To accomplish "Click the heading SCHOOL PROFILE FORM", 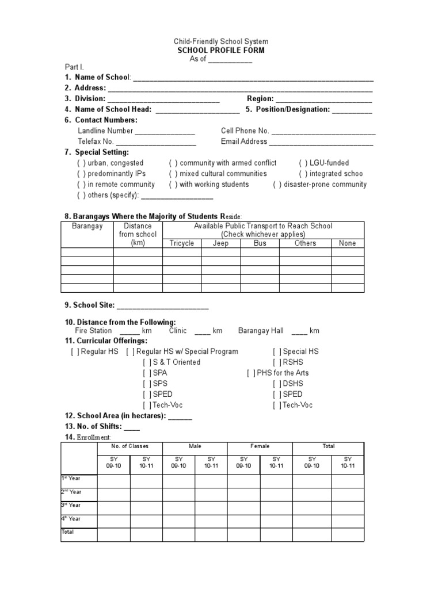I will [221, 51].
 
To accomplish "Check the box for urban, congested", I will [81, 163].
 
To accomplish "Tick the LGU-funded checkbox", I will [303, 163].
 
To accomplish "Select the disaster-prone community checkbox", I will [277, 184].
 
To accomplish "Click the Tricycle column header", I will [182, 243].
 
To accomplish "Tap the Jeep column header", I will [220, 243].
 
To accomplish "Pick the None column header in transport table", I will [347, 243].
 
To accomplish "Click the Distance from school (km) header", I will [138, 235].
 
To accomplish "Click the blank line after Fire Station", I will [129, 332].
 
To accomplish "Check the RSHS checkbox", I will [277, 362].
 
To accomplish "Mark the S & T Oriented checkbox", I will [147, 362].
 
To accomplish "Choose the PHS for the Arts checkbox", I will [251, 373].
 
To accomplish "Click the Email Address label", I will [244, 141].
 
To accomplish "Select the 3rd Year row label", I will [71, 505].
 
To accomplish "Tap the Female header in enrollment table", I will [260, 446].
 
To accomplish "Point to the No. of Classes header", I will [129, 446].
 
